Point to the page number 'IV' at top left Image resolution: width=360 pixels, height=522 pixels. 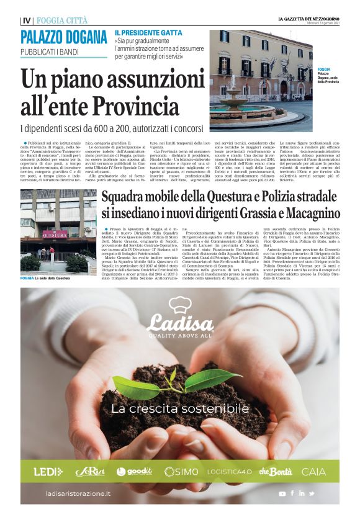[x=25, y=20]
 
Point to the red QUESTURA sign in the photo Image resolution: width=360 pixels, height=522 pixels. [x=55, y=234]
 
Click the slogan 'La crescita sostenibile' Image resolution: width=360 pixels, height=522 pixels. [x=180, y=409]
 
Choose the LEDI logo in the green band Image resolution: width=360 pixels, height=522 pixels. [x=48, y=472]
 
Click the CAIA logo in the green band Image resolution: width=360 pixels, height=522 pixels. [x=313, y=472]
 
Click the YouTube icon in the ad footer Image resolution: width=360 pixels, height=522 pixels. [x=282, y=493]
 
